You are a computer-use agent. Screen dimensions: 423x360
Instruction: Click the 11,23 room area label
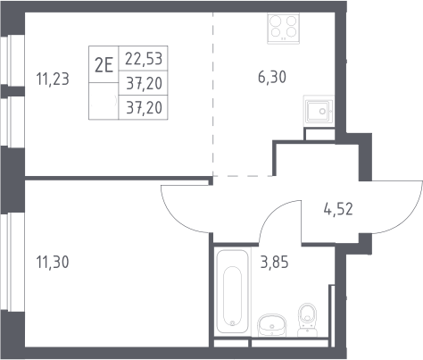(x=53, y=80)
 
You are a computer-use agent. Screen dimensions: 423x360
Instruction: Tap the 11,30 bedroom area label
(x=53, y=262)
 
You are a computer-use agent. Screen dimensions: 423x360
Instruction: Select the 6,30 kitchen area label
(x=272, y=77)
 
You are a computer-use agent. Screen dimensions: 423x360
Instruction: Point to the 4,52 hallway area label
(x=338, y=209)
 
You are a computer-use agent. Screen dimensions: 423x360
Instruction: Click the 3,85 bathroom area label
(x=274, y=263)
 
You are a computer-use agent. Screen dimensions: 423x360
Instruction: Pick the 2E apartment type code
(x=104, y=65)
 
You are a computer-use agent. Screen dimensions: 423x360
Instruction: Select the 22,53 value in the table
(x=144, y=58)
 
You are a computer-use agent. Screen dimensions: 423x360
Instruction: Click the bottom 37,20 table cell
(x=145, y=107)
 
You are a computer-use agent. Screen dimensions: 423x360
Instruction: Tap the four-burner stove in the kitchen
(x=283, y=29)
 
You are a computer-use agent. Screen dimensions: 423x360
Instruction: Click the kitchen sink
(x=319, y=112)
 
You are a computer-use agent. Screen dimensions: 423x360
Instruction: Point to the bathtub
(x=232, y=291)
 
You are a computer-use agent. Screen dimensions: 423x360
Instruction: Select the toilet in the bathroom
(x=307, y=320)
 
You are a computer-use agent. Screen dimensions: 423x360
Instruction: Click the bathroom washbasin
(x=272, y=325)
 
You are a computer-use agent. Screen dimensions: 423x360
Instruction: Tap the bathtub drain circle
(x=233, y=322)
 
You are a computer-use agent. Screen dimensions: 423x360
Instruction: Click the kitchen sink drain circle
(x=322, y=112)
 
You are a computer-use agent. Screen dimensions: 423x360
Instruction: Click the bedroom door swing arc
(x=176, y=217)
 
